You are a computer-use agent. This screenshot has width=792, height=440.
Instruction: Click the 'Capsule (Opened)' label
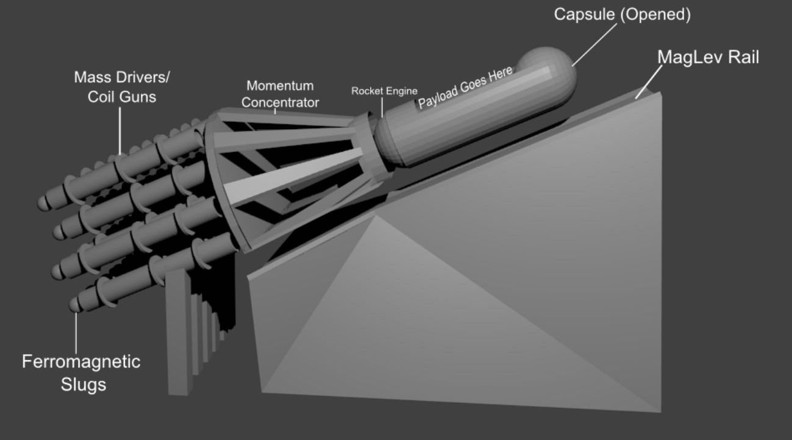622,15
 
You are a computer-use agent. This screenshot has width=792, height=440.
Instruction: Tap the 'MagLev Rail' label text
708,57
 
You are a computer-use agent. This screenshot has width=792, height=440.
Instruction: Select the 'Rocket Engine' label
384,91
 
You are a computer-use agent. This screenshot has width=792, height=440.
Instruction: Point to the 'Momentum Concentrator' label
280,94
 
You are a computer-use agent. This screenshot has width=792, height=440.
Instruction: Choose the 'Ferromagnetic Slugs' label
81,372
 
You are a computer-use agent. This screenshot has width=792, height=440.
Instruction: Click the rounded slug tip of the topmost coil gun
43,204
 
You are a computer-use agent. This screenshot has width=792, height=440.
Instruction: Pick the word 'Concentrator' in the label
280,102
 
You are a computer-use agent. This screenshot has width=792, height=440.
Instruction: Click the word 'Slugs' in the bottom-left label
83,385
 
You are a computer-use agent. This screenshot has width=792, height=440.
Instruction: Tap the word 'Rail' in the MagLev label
741,57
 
